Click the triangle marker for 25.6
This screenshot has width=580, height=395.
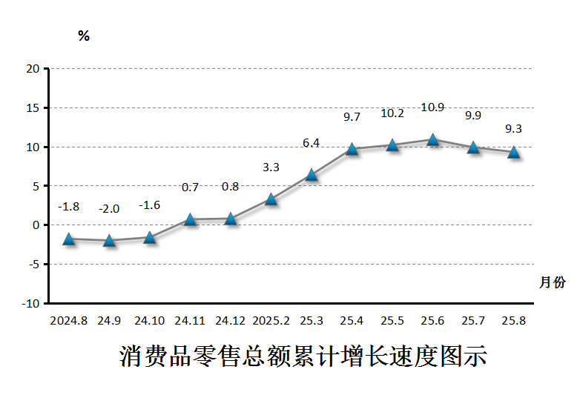coord(432,139)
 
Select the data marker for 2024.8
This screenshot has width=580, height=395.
coord(69,239)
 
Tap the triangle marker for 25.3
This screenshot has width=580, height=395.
coord(312,175)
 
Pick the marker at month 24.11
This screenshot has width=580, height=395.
coord(191,219)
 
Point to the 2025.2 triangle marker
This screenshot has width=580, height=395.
coord(271,199)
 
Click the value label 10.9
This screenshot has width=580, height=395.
coord(432,107)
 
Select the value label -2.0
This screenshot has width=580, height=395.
coord(109,209)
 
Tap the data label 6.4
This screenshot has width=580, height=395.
coord(312,143)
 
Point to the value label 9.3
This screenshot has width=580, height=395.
coord(513,129)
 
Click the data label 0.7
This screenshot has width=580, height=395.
coord(191,187)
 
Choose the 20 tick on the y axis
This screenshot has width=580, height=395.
coord(33,69)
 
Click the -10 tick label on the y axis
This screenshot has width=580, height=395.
coord(30,303)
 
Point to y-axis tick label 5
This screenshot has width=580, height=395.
coord(36,186)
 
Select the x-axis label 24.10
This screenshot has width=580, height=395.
coord(150,321)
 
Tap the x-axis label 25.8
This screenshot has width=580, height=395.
coord(513,321)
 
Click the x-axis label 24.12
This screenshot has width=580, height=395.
coord(231,321)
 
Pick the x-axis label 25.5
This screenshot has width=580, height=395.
coord(392,321)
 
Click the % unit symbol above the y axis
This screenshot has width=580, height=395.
coord(84,36)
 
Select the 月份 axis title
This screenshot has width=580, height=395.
coord(552,282)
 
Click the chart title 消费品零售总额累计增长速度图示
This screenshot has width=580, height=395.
coord(303,356)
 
